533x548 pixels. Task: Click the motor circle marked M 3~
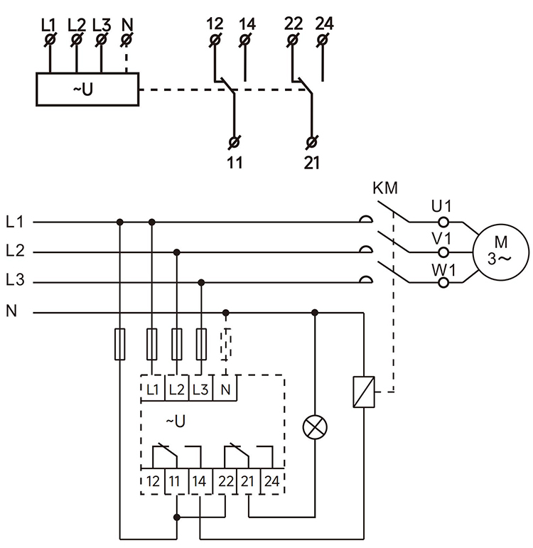coord(500,251)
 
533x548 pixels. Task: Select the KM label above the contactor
coord(385,189)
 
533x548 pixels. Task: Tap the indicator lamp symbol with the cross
coord(315,428)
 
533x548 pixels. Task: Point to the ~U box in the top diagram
coord(87,90)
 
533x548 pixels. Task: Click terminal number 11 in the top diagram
coord(235,163)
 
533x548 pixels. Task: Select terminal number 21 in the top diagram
coord(311,163)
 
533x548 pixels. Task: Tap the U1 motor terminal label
coord(441,206)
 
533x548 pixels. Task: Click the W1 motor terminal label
coord(441,268)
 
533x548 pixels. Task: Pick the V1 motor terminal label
coord(441,237)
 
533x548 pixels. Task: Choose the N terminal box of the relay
coord(225,389)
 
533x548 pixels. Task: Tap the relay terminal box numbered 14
coord(200,481)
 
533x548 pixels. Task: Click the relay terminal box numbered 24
coord(271,481)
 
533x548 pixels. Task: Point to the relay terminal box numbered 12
coord(153,481)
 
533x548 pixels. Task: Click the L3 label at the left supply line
coord(15,281)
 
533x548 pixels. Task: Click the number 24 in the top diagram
coord(323,23)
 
